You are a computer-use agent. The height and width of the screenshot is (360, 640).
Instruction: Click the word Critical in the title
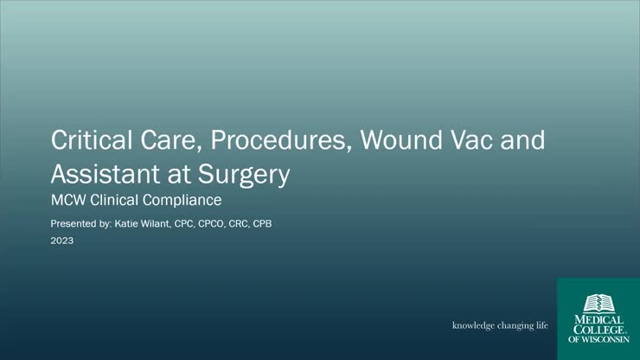85,140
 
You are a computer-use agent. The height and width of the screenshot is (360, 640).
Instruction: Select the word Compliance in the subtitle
186,202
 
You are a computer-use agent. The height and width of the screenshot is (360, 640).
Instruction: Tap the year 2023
61,241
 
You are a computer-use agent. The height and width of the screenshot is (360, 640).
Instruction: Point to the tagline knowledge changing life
500,326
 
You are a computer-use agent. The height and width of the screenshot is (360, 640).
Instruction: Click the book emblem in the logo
598,303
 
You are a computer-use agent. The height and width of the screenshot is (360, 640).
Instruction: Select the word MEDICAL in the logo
598,319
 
